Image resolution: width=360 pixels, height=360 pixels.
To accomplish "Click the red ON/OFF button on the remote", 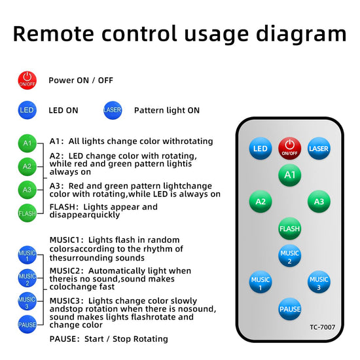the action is point(289,149).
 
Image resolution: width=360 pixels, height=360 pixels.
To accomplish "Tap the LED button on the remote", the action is point(261,149).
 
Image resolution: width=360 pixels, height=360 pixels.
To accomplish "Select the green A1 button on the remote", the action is point(289,175).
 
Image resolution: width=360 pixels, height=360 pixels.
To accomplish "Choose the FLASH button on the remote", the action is point(289,228).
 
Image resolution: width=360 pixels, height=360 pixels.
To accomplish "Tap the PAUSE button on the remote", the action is point(289,309).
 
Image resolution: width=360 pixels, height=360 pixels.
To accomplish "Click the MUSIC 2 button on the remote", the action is point(289,255).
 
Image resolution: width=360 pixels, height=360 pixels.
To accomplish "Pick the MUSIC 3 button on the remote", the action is point(319,282).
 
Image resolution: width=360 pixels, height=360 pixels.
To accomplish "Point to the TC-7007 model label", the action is point(322,327).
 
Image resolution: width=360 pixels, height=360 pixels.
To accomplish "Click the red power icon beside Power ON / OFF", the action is point(27,81).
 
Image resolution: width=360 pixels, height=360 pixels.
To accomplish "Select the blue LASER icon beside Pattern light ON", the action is point(113,110).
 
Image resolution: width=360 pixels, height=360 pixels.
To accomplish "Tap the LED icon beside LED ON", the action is point(27,110).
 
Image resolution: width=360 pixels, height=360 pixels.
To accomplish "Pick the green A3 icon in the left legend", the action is point(27,190).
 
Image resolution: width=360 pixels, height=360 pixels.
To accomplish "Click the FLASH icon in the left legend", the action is point(27,213).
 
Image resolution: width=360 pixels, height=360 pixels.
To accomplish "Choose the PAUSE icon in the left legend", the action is point(27,324).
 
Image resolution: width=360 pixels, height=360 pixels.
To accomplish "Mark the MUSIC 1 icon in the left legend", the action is point(27,255).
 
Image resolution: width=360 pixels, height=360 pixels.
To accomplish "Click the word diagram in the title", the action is point(301,35).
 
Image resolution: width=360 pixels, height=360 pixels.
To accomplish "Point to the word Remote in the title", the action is point(54,33).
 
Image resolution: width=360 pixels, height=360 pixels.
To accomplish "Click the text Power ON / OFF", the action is point(81,81).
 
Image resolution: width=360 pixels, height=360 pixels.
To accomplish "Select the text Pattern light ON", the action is point(167,111).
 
